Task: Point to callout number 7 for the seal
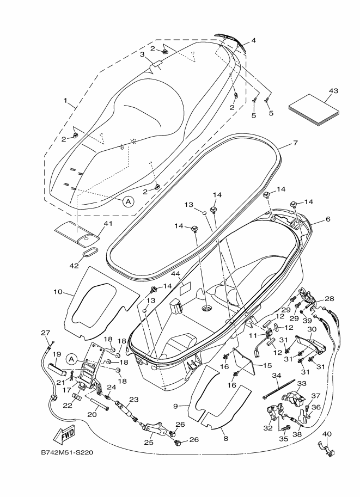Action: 295,143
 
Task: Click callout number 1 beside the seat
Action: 66,101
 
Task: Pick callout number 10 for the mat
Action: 57,292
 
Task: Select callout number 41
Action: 107,223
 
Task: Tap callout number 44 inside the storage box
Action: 175,273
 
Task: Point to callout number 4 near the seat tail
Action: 253,40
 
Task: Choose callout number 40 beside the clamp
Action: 326,434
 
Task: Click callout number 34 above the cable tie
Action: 276,375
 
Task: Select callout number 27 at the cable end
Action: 45,333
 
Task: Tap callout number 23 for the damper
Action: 133,399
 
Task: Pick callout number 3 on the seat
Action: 142,54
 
